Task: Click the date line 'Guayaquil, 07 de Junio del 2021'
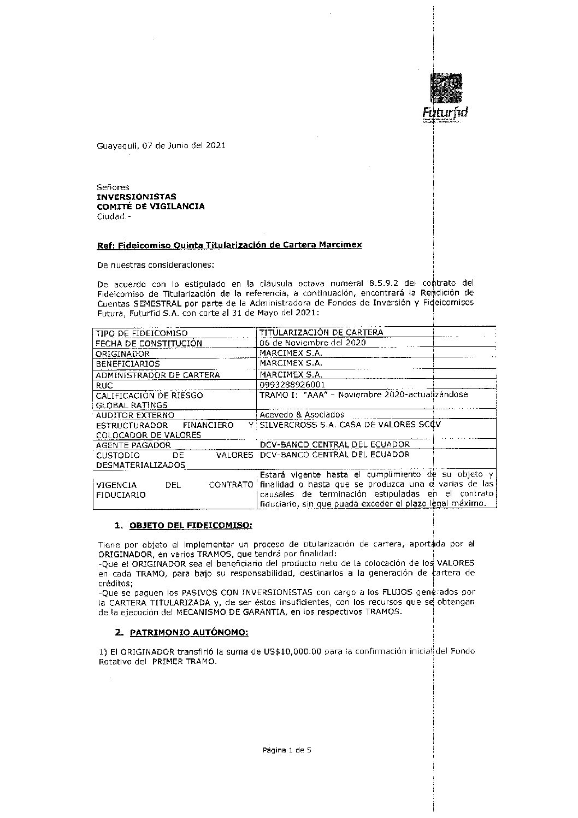coord(161,146)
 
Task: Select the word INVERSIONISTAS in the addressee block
coord(137,197)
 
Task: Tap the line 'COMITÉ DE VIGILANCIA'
coord(151,207)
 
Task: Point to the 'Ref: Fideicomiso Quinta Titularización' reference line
coord(229,245)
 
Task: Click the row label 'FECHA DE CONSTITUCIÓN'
coord(149,344)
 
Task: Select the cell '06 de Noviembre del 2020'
coord(312,343)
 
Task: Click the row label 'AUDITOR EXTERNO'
coord(135,415)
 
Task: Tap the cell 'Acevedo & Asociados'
coord(302,415)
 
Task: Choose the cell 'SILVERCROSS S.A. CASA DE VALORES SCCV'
coord(350,425)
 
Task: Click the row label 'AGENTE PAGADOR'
coord(133,445)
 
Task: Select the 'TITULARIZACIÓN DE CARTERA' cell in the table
coord(321,333)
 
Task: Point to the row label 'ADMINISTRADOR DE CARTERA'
coord(157,375)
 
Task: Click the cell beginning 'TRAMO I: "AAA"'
coord(363,395)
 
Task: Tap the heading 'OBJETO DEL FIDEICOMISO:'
coord(191,526)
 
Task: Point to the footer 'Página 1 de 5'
coord(287,750)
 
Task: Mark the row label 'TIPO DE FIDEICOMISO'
coord(141,333)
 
